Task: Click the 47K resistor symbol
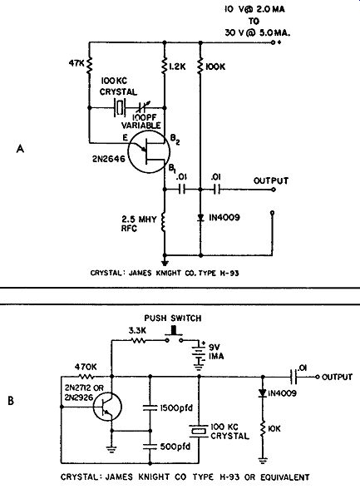(89, 65)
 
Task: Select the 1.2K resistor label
(177, 67)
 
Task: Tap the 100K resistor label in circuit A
(215, 67)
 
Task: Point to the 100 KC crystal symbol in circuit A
(120, 107)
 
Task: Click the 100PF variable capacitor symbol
(144, 107)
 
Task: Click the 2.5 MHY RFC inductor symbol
(164, 223)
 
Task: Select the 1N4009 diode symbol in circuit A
(200, 218)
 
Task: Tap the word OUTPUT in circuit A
(271, 180)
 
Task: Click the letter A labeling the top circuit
(20, 149)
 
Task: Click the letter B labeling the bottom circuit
(11, 401)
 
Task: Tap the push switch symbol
(174, 336)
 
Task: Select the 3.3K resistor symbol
(138, 341)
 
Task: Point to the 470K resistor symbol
(86, 377)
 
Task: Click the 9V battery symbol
(198, 356)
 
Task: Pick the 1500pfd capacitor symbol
(150, 407)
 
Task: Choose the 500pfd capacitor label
(175, 447)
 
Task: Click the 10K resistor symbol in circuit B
(263, 428)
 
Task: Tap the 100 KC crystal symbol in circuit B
(199, 431)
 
